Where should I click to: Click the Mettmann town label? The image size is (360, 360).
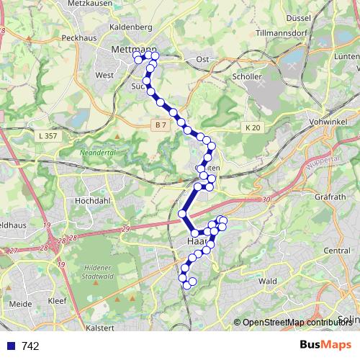tap(130, 49)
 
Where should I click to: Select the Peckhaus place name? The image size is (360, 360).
tap(78, 37)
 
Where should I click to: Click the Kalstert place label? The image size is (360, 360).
tap(100, 328)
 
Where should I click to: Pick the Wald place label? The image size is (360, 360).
tap(268, 281)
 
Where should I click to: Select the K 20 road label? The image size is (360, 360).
tap(251, 127)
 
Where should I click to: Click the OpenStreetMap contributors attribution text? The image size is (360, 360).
tap(297, 323)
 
